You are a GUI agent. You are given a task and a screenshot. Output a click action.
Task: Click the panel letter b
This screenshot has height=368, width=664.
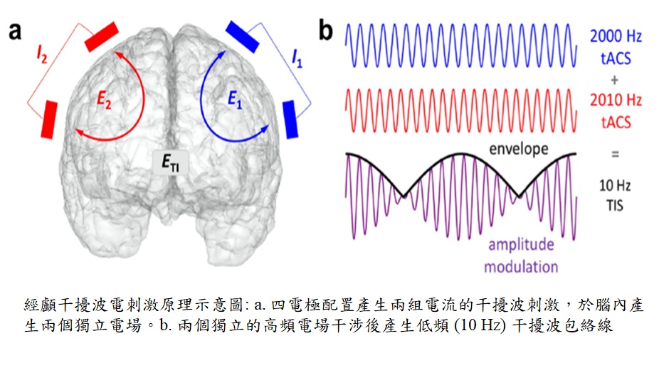(x=326, y=30)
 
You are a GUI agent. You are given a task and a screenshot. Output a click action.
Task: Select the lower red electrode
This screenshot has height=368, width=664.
(x=49, y=120)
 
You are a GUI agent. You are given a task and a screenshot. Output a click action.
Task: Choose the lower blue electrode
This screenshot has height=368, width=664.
(x=290, y=118)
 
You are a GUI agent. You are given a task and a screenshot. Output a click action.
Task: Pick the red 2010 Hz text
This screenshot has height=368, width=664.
(x=616, y=100)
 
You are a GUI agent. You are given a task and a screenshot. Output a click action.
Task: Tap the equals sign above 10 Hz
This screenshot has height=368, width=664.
(x=615, y=153)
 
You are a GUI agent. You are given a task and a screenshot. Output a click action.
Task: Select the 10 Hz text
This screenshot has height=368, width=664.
(x=615, y=186)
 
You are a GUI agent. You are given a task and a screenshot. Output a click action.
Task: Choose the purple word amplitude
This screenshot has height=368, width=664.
(x=520, y=244)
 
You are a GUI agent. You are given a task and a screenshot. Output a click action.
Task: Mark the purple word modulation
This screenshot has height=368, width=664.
(x=521, y=266)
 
